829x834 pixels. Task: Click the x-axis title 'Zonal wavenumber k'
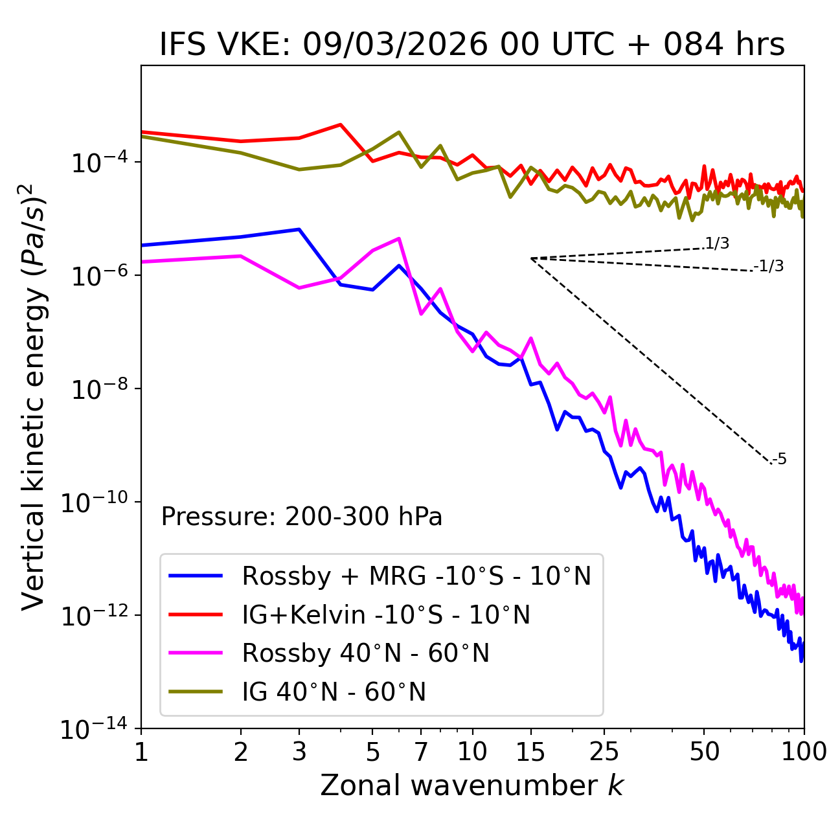pyautogui.click(x=471, y=785)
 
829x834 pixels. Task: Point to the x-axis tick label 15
pyautogui.click(x=530, y=752)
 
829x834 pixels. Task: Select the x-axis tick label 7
pyautogui.click(x=421, y=752)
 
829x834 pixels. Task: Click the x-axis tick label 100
pyautogui.click(x=804, y=752)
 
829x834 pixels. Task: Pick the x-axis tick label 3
pyautogui.click(x=299, y=752)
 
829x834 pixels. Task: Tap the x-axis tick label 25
pyautogui.click(x=604, y=752)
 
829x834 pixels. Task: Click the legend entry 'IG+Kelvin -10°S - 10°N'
pyautogui.click(x=386, y=614)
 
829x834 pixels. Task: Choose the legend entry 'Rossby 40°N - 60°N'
pyautogui.click(x=365, y=653)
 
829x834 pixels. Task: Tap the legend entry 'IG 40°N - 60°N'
pyautogui.click(x=334, y=692)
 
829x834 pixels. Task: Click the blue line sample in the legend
pyautogui.click(x=196, y=576)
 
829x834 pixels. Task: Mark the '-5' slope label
pyautogui.click(x=779, y=460)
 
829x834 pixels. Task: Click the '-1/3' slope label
pyautogui.click(x=769, y=266)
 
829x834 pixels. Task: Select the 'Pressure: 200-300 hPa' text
pyautogui.click(x=301, y=517)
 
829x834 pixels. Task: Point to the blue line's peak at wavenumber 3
pyautogui.click(x=299, y=229)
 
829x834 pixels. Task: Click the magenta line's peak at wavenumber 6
pyautogui.click(x=400, y=238)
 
